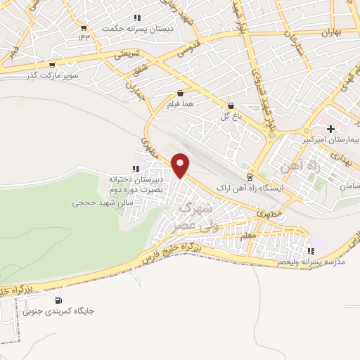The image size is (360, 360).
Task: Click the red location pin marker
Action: tap(181, 165)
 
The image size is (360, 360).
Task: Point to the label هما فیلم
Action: tap(181, 105)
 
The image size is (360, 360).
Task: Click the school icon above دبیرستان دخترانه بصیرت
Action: tap(135, 168)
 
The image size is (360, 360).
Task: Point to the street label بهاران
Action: tap(330, 33)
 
